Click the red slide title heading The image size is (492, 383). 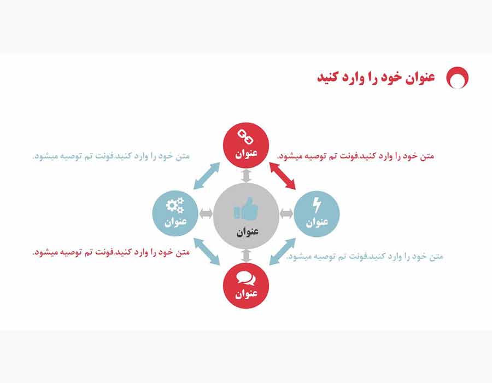click(376, 77)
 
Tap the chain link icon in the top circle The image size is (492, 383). click(245, 137)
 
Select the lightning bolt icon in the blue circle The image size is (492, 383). click(317, 205)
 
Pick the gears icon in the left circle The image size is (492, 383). click(175, 205)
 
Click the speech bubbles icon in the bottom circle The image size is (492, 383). click(246, 278)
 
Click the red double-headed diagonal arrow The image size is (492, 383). click(283, 176)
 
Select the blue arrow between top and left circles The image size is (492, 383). click(207, 176)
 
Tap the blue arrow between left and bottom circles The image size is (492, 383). click(207, 252)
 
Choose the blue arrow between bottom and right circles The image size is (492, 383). click(283, 252)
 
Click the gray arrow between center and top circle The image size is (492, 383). click(247, 176)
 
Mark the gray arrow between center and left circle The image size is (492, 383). click(206, 213)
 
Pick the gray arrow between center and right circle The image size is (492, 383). click(286, 214)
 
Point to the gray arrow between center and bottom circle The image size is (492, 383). click(247, 256)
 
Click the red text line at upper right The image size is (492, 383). click(356, 156)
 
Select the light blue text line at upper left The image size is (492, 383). click(112, 156)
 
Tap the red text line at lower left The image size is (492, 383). click(112, 252)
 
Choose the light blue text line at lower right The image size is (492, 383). click(365, 257)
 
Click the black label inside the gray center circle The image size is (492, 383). click(247, 231)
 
